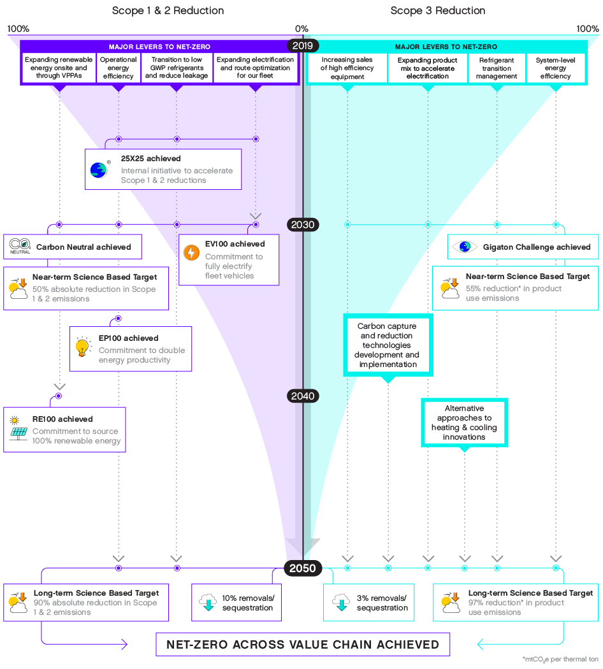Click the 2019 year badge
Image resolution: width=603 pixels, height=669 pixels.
click(302, 46)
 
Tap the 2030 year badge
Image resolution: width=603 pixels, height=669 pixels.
click(302, 224)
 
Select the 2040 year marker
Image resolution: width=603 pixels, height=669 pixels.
click(302, 396)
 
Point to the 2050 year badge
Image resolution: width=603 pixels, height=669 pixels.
click(302, 568)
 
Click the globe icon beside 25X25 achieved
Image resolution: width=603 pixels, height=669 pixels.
click(99, 169)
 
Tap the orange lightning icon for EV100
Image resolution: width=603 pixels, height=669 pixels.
click(191, 253)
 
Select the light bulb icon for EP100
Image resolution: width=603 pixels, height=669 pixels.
click(82, 347)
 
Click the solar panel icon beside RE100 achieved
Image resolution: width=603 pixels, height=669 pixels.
click(18, 433)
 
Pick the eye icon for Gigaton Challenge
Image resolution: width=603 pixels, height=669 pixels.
click(465, 247)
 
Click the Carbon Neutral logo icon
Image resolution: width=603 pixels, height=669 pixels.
click(20, 245)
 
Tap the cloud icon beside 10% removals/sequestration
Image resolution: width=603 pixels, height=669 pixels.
click(208, 602)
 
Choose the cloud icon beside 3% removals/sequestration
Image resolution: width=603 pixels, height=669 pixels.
click(341, 602)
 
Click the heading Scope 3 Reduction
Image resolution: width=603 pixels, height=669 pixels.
click(437, 11)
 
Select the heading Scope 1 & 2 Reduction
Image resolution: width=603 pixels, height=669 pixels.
click(168, 11)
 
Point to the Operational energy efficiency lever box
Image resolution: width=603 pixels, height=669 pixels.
click(118, 68)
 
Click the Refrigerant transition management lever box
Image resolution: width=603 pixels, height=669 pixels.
click(497, 68)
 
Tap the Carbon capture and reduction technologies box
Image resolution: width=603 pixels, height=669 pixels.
click(388, 345)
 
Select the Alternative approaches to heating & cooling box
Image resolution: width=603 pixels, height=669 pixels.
click(464, 422)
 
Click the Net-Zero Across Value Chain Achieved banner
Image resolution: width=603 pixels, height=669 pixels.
click(303, 644)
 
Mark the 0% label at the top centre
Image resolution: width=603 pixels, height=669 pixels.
click(301, 29)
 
